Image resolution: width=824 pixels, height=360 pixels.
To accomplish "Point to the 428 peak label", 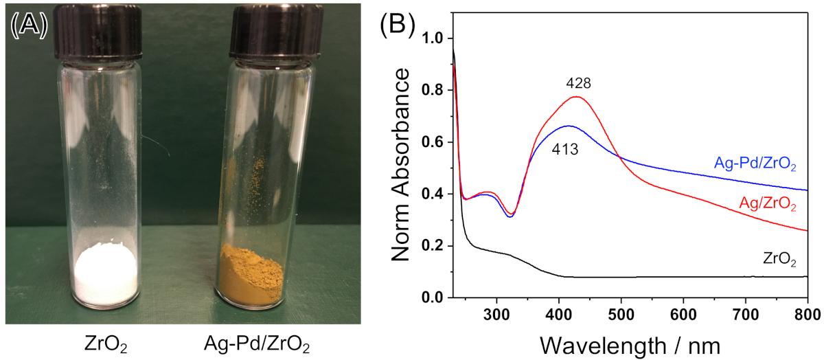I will tap(579, 83).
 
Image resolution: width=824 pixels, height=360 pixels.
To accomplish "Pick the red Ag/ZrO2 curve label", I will tap(767, 204).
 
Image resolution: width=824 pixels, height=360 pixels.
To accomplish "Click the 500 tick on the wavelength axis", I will tap(621, 313).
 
